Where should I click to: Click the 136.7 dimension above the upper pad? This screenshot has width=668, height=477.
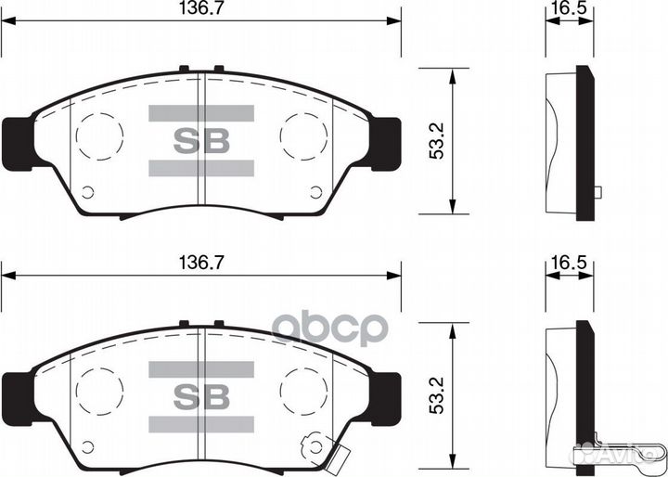[200, 8]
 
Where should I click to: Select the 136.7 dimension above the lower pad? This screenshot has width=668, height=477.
[200, 264]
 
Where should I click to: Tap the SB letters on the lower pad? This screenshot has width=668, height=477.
[200, 394]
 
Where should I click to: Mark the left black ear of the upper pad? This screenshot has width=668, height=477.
[16, 143]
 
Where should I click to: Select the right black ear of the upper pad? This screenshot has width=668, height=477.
[387, 143]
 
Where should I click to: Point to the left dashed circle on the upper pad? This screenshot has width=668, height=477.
[98, 136]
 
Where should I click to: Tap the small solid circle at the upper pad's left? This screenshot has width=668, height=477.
[88, 193]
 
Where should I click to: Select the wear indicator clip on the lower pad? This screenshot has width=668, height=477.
[329, 452]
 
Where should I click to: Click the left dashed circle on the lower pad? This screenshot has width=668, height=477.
[98, 391]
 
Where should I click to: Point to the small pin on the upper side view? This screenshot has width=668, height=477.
[597, 192]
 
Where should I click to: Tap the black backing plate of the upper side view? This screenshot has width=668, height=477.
[584, 144]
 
